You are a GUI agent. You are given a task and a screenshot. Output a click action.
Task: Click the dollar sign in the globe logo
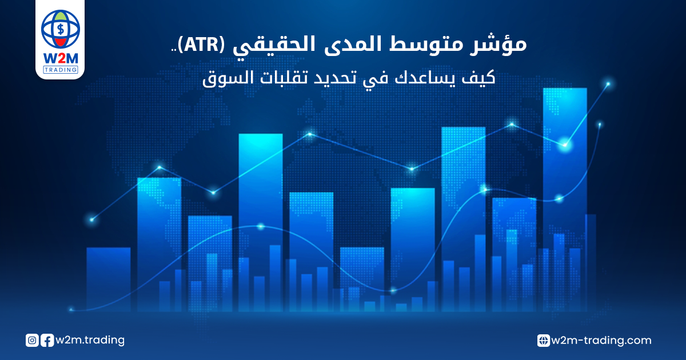click(61, 29)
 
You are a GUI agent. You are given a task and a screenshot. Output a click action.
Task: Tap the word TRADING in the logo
click(61, 70)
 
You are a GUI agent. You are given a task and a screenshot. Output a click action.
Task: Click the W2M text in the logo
click(61, 58)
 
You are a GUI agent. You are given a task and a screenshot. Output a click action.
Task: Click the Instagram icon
click(32, 341)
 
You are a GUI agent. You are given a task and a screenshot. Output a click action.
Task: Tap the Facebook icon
click(47, 341)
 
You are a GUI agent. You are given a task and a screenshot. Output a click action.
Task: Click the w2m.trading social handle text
click(90, 340)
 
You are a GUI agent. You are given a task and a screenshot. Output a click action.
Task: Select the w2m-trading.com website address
click(601, 341)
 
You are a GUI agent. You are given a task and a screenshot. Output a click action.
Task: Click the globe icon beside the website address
click(544, 341)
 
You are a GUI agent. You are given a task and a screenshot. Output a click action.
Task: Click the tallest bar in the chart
click(565, 199)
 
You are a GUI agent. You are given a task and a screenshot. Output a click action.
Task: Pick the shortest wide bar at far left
click(109, 279)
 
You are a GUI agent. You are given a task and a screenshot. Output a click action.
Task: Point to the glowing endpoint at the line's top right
click(608, 84)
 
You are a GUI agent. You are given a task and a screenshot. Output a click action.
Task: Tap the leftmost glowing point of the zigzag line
click(92, 219)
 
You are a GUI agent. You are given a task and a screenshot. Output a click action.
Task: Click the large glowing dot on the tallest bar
click(565, 145)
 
